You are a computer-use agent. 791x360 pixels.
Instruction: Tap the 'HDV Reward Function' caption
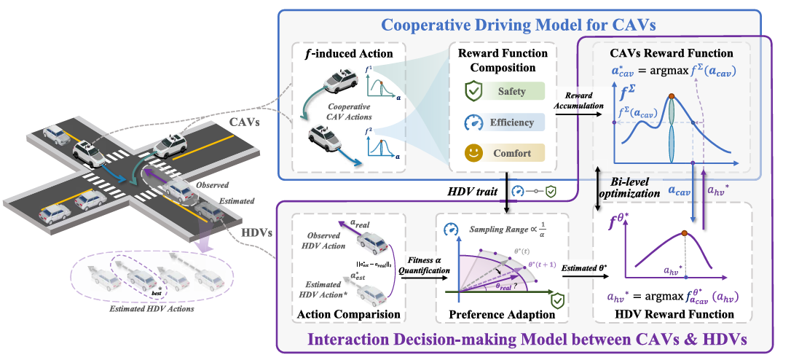pyautogui.click(x=675, y=314)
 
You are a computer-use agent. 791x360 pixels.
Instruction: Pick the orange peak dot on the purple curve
pyautogui.click(x=684, y=233)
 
